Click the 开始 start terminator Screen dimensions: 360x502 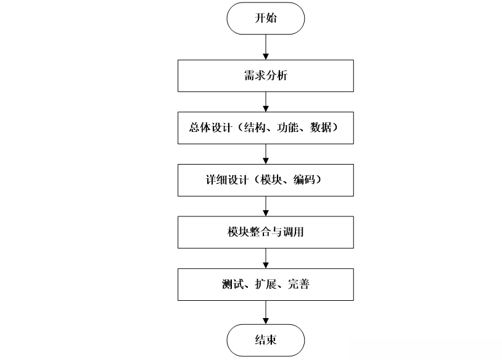coord(266,18)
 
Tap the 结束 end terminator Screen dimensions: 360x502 coord(266,340)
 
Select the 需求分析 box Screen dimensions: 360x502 coord(266,76)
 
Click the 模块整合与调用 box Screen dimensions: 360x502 coord(266,232)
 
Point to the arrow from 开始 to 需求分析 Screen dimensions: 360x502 coord(266,47)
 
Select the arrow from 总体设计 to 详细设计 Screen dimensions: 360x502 coord(266,153)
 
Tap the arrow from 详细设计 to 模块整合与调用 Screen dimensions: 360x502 coord(266,205)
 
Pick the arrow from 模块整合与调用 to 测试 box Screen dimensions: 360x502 coord(266,258)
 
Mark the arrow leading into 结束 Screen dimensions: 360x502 coord(266,311)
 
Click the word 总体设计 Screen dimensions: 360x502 coord(210,128)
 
